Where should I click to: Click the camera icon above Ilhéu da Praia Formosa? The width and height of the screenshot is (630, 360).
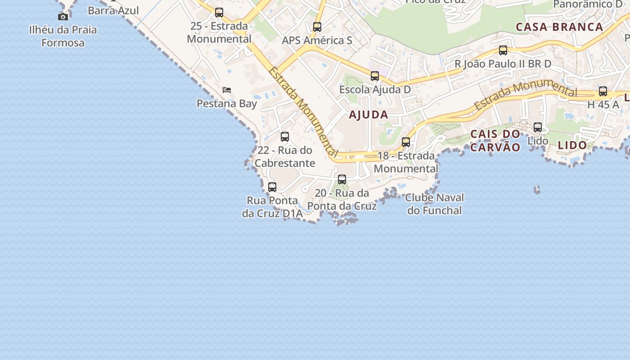click(x=63, y=17)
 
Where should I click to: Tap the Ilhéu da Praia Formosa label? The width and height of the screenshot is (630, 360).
click(x=63, y=36)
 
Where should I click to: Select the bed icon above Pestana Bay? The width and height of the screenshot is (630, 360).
click(x=227, y=90)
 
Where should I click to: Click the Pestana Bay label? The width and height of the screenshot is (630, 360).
click(x=227, y=103)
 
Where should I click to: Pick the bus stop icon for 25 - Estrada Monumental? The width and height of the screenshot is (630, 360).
click(x=219, y=13)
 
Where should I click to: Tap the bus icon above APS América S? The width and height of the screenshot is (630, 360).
click(x=317, y=27)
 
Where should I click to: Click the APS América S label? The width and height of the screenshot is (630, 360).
click(x=317, y=40)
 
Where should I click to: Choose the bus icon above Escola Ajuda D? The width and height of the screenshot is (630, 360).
click(x=375, y=76)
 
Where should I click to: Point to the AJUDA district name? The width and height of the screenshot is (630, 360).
click(x=369, y=115)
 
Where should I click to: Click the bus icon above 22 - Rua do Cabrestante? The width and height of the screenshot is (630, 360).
click(x=285, y=137)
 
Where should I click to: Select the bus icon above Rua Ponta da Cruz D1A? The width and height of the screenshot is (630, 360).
click(x=272, y=187)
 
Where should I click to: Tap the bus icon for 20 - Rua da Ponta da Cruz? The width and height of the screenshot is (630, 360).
click(x=342, y=180)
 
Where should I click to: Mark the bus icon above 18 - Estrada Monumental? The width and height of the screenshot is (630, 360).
click(x=406, y=142)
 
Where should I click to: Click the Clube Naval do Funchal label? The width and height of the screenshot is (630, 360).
click(x=434, y=204)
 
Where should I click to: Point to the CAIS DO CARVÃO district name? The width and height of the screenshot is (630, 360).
click(x=495, y=140)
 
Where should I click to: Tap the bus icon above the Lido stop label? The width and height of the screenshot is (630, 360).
click(x=538, y=127)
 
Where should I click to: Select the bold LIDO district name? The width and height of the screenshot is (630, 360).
click(x=572, y=145)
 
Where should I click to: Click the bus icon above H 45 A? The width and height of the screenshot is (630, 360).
click(x=603, y=91)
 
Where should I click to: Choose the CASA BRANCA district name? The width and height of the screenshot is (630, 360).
click(x=559, y=27)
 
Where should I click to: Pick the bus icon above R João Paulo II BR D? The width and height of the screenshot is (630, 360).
click(x=503, y=50)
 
